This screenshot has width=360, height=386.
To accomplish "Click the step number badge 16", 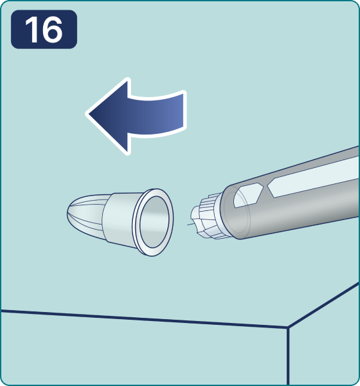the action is (44, 30).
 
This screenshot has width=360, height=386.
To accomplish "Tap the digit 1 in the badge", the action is (32, 30).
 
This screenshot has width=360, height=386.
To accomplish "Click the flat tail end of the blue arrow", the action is (184, 110).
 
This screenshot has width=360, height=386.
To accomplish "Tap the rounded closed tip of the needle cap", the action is (68, 214).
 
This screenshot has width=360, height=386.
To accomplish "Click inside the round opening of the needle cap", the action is (154, 222).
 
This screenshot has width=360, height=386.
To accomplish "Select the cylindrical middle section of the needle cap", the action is (118, 219).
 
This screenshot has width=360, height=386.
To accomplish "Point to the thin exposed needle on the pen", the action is (190, 224).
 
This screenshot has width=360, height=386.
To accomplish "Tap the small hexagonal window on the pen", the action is (248, 195).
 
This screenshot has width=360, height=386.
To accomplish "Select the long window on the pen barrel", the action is (312, 177).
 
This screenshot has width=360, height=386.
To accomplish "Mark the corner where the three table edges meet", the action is (287, 327).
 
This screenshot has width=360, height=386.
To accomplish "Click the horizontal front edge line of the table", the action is (144, 319).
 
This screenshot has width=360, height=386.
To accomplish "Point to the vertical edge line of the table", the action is (288, 356).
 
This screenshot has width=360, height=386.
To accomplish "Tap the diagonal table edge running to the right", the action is (323, 305).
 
